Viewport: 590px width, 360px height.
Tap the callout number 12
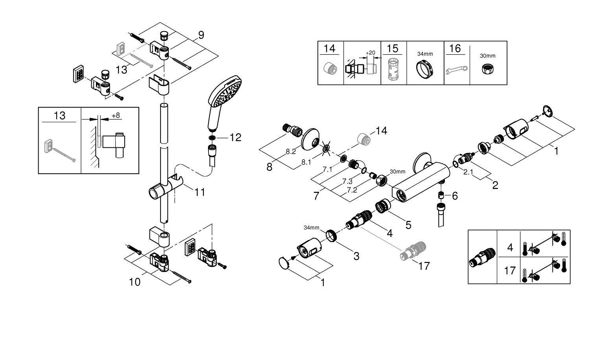tap(235, 138)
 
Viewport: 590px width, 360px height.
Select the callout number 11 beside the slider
tap(200, 192)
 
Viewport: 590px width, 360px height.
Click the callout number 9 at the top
tap(201, 35)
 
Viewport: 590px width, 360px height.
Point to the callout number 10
tap(135, 282)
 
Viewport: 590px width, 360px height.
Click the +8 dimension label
tap(116, 116)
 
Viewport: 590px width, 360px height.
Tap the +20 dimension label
tap(370, 53)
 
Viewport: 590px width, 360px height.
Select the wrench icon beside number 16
tap(456, 70)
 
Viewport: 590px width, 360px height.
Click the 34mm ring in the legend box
tap(425, 70)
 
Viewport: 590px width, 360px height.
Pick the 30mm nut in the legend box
tap(488, 69)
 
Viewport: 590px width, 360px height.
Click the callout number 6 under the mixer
tap(455, 196)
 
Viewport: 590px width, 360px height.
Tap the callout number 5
tap(408, 225)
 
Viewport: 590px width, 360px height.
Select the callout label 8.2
tap(291, 152)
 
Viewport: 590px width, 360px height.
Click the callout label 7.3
tap(347, 181)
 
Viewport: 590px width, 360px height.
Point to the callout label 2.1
tap(468, 172)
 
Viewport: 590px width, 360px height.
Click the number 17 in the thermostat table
tap(510, 270)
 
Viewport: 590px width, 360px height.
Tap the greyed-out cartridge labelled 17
tap(413, 250)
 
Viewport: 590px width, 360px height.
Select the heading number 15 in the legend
tap(392, 48)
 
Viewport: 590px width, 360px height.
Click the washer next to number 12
tap(212, 138)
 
